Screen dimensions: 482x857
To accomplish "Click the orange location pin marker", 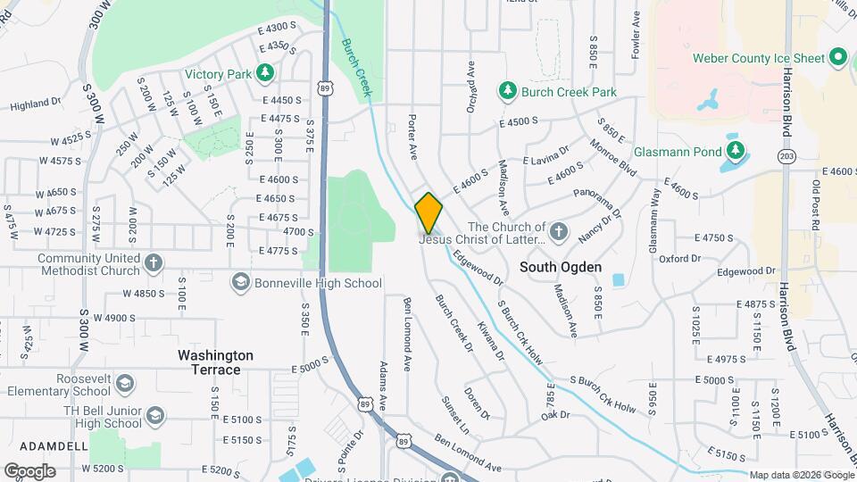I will click(x=429, y=212).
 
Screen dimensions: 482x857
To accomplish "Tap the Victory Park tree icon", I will click(x=263, y=72).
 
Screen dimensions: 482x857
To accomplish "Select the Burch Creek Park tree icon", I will click(x=507, y=91).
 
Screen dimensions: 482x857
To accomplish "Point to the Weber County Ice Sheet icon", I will click(x=837, y=58).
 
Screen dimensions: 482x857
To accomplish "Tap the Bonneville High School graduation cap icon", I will click(x=240, y=283).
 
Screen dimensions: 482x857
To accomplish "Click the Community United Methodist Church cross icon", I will click(x=154, y=263).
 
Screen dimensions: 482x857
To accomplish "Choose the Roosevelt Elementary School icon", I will click(x=125, y=384).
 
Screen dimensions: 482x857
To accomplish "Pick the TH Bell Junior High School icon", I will click(x=155, y=416).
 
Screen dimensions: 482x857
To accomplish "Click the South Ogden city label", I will click(x=562, y=267).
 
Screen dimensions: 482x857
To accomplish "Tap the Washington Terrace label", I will click(x=215, y=361).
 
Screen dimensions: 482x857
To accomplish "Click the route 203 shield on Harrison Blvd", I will click(x=786, y=156).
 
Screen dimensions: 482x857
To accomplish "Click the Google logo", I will click(x=29, y=471).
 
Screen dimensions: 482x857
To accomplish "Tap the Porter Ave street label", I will click(x=412, y=137).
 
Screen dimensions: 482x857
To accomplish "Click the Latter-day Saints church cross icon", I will click(x=558, y=232).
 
